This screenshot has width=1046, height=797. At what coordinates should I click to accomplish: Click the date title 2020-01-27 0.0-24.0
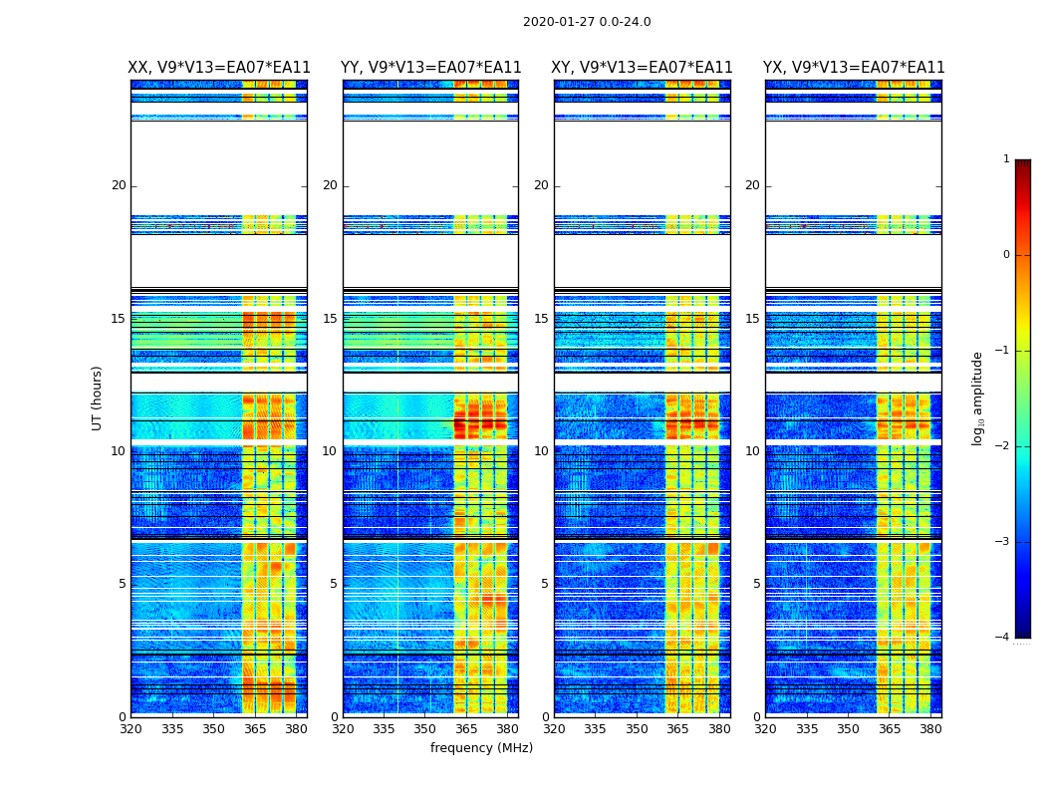pyautogui.click(x=587, y=22)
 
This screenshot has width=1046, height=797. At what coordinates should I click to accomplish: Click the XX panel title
pyautogui.click(x=219, y=68)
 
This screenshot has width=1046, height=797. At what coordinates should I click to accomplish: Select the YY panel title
pyautogui.click(x=430, y=68)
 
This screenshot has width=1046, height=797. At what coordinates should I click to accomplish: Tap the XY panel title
pyautogui.click(x=643, y=68)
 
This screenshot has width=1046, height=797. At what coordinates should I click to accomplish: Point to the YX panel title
pyautogui.click(x=854, y=68)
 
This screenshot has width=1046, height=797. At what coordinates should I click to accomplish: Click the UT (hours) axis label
pyautogui.click(x=98, y=398)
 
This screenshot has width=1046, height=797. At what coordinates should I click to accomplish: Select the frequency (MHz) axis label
pyautogui.click(x=481, y=748)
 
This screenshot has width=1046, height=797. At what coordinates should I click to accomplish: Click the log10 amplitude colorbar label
pyautogui.click(x=978, y=398)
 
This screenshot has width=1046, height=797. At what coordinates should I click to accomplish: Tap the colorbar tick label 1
pyautogui.click(x=1006, y=159)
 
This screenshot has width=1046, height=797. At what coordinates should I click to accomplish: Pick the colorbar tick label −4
pyautogui.click(x=1003, y=638)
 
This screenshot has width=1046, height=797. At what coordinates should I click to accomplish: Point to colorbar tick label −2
pyautogui.click(x=1003, y=446)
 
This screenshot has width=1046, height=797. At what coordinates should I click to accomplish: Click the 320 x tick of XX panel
pyautogui.click(x=131, y=729)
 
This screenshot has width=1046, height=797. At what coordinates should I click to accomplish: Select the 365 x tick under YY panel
pyautogui.click(x=466, y=729)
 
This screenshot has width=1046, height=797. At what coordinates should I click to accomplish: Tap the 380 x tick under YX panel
pyautogui.click(x=930, y=729)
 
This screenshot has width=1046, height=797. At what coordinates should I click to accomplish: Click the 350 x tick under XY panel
pyautogui.click(x=637, y=729)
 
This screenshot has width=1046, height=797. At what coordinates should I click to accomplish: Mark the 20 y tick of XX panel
pyautogui.click(x=119, y=185)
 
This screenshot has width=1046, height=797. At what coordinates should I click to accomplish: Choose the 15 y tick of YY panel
pyautogui.click(x=330, y=319)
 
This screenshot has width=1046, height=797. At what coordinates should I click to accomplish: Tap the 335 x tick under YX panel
pyautogui.click(x=807, y=729)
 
